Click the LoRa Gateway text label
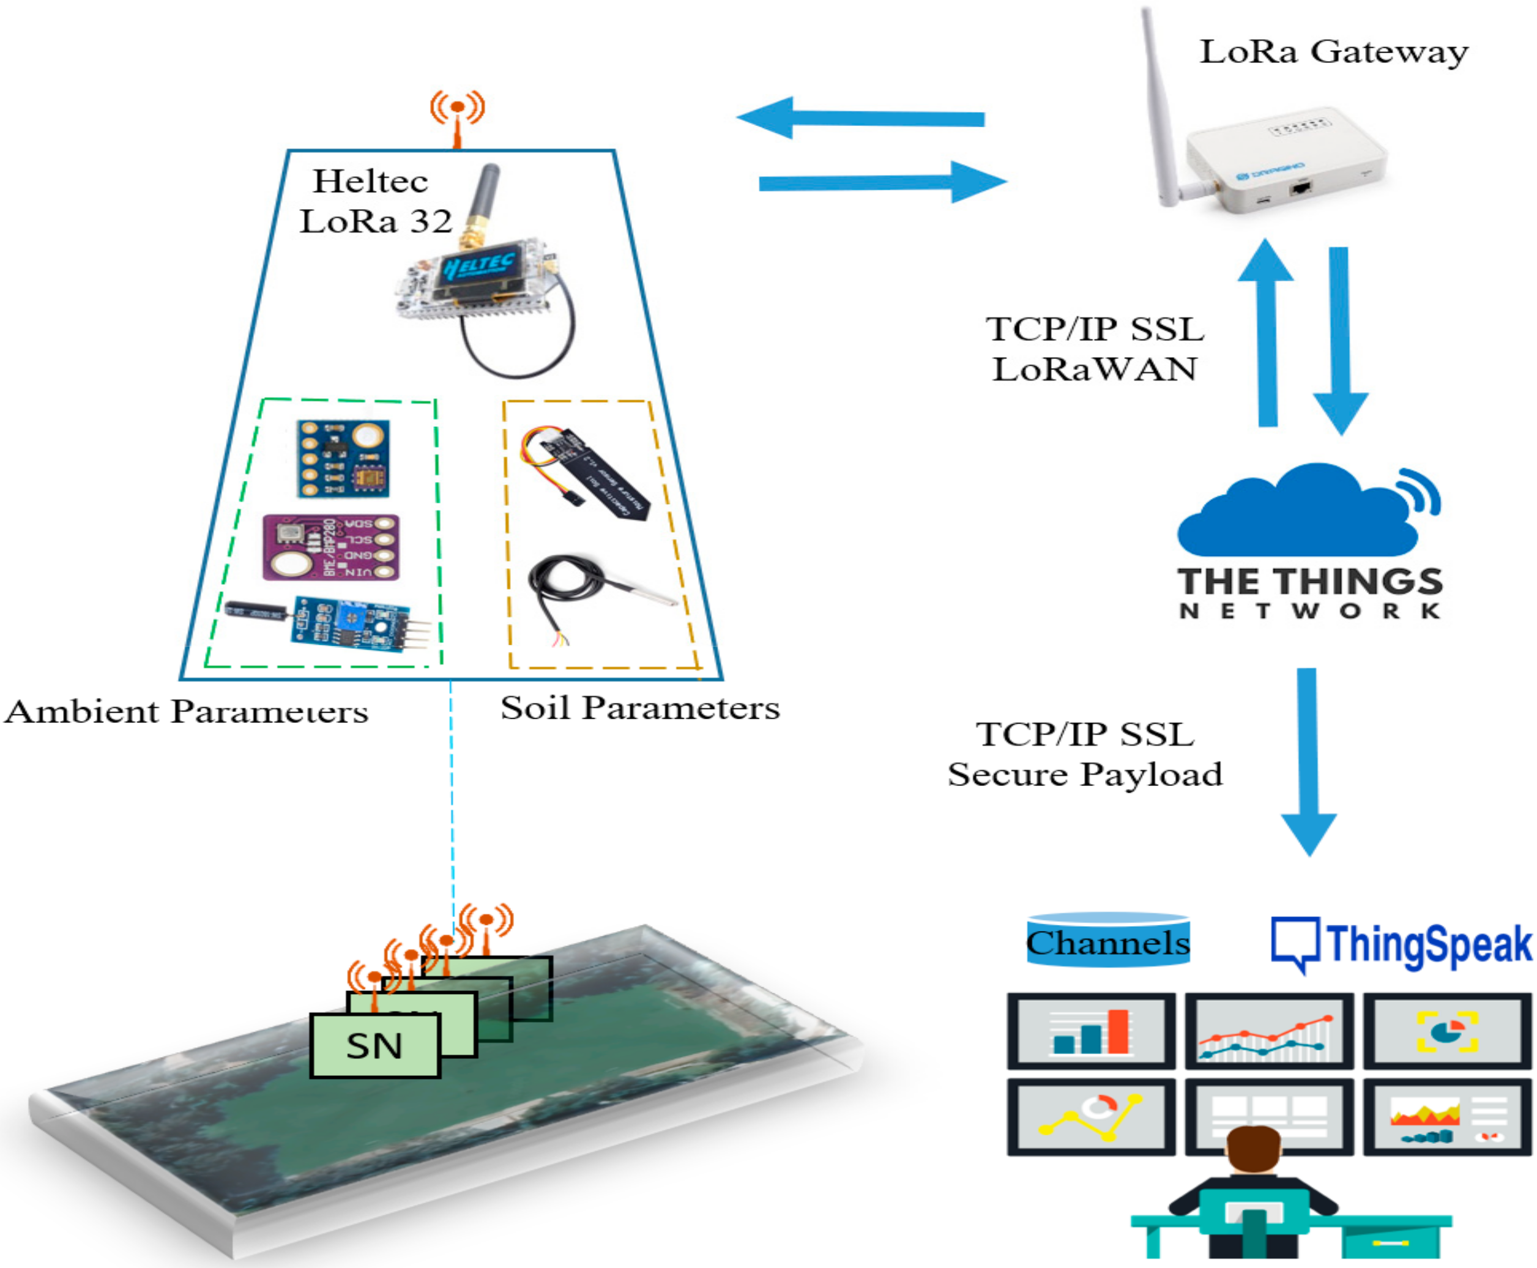coord(1333,52)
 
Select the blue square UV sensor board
coord(343,459)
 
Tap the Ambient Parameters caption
coord(186,711)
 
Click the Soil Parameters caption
coord(639,708)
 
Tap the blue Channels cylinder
coord(1107,942)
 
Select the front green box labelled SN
coord(374,1045)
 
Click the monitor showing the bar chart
coord(1090,1031)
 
